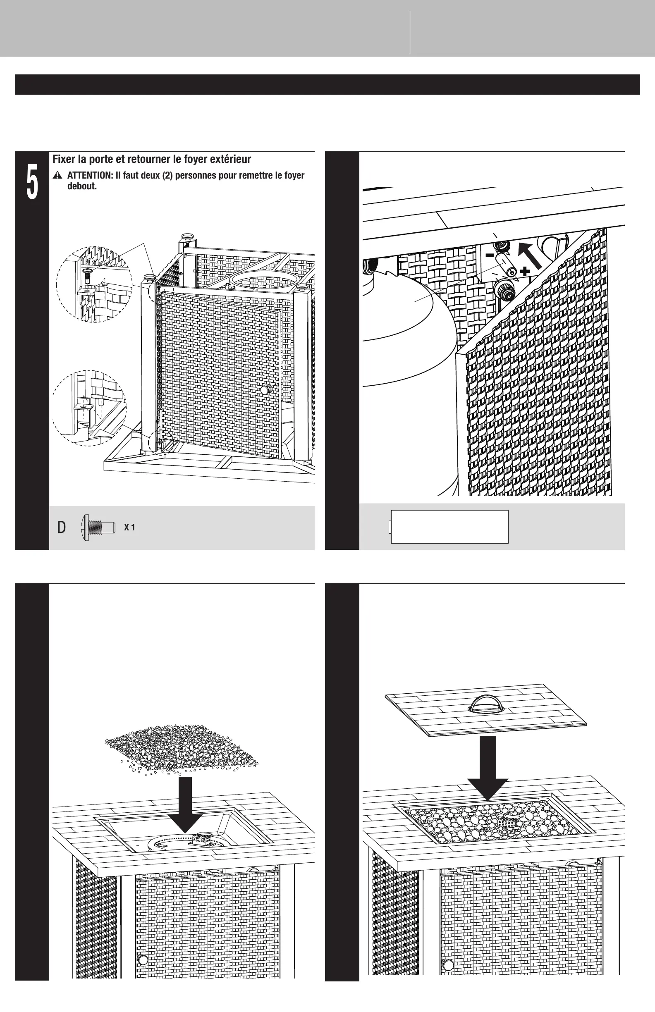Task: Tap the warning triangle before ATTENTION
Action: point(58,176)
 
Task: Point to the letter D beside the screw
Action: point(62,527)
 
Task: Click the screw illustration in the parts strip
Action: point(98,527)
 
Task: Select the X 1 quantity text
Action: point(129,527)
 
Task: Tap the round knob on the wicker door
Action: point(267,389)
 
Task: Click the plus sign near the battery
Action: point(525,271)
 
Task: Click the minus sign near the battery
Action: point(490,255)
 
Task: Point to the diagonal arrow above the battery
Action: point(530,255)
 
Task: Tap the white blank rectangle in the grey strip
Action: point(449,526)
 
